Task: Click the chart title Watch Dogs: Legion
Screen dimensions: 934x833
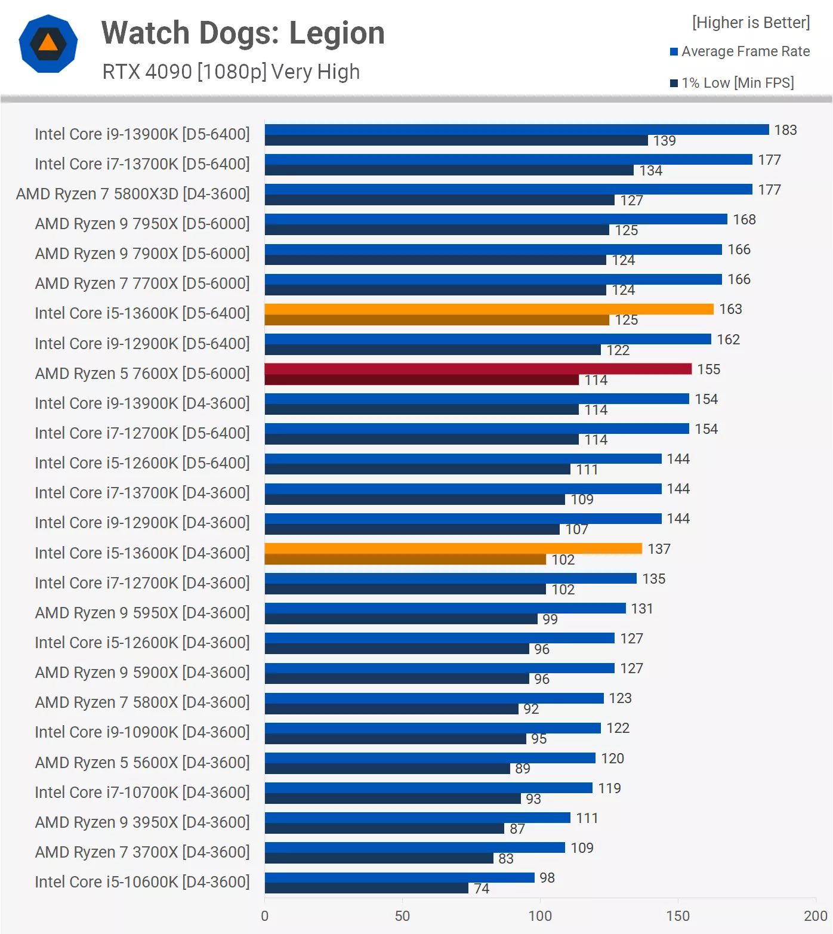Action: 243,33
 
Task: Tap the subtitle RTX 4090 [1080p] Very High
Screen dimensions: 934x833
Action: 231,72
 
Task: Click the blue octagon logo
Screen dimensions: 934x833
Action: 48,44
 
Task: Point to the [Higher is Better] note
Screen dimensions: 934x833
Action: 751,23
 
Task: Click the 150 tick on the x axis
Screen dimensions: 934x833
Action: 678,915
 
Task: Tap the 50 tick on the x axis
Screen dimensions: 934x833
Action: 402,915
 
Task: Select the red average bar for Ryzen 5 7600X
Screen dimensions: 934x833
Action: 477,369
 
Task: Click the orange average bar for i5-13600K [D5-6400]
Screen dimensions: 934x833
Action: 489,309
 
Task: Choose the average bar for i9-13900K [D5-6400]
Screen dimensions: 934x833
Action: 516,130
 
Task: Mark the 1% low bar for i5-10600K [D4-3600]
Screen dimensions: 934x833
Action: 366,888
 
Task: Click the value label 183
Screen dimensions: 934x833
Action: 785,130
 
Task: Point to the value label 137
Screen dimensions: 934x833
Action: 659,549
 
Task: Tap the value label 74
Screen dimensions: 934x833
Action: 482,889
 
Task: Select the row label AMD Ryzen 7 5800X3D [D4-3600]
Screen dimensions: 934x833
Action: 132,194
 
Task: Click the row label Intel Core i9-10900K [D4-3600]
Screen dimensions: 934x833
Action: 142,732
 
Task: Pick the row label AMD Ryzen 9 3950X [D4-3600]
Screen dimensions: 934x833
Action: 142,822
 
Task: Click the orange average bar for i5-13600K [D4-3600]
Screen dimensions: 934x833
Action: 453,548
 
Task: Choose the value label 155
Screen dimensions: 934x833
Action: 708,369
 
